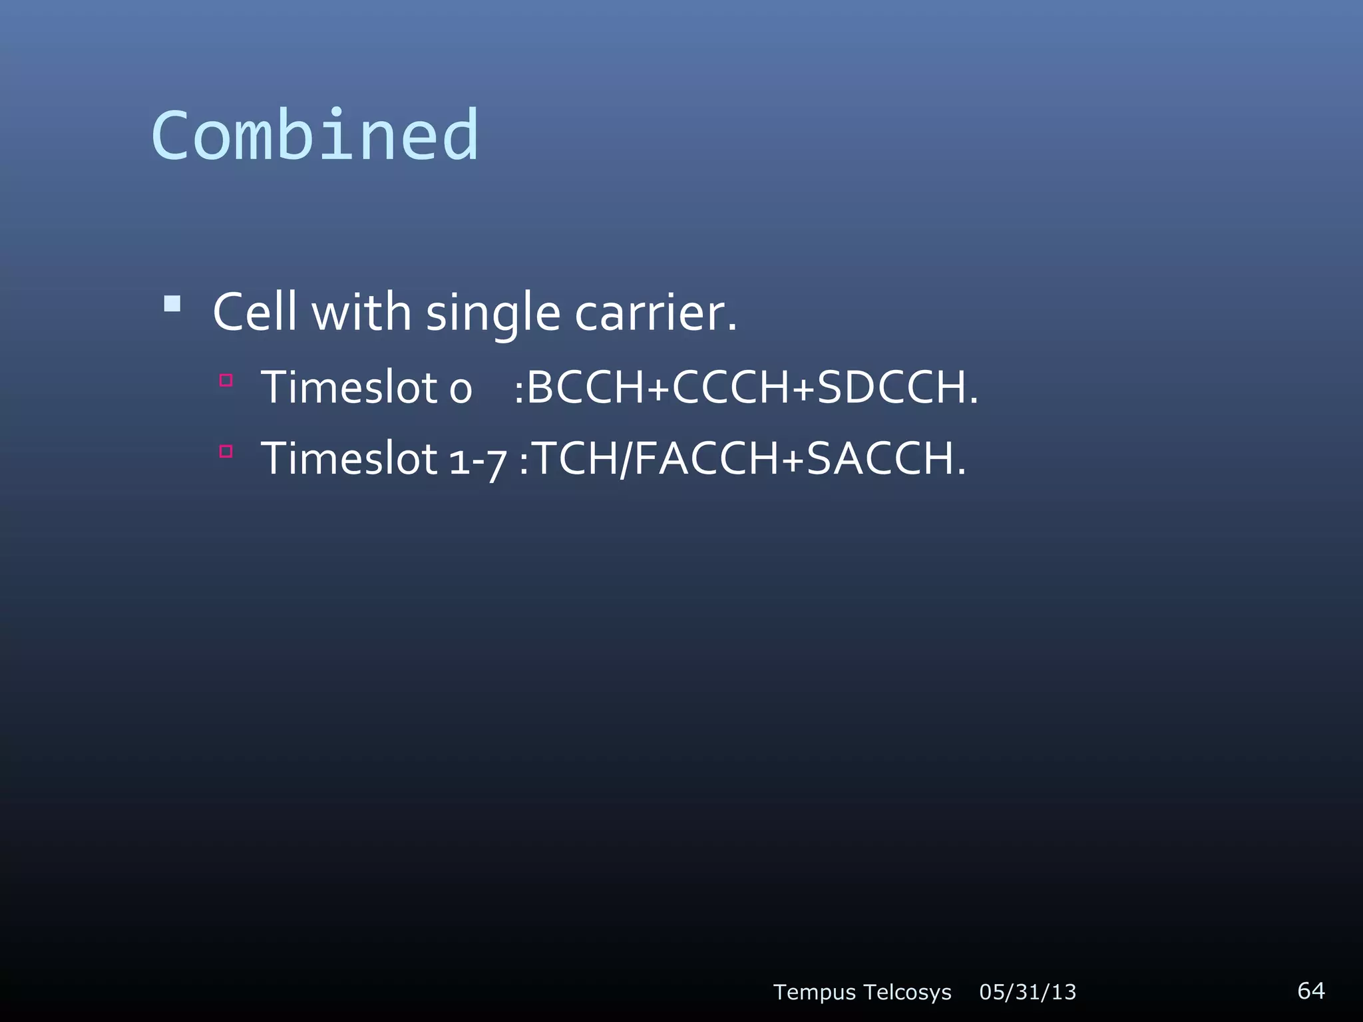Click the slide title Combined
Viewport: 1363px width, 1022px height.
[x=315, y=136]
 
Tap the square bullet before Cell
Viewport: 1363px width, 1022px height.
[x=172, y=304]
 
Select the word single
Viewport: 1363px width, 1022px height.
[x=493, y=313]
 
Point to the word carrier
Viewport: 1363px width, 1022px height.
[x=656, y=313]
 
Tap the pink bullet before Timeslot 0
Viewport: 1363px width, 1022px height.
[x=226, y=381]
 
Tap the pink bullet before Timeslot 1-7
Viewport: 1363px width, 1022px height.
[x=226, y=452]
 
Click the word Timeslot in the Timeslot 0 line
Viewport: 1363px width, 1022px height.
[x=349, y=387]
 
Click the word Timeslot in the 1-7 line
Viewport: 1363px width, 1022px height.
[x=349, y=458]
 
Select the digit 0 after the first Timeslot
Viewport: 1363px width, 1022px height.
[x=461, y=390]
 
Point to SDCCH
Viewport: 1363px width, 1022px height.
[x=892, y=387]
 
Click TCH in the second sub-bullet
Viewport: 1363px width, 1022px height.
[x=576, y=458]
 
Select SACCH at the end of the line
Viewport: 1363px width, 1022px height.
[x=880, y=458]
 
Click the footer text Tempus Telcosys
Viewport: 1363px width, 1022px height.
[x=862, y=992]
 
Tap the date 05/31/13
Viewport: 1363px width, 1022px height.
[x=1028, y=992]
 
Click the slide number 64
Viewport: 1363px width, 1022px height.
[x=1310, y=990]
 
